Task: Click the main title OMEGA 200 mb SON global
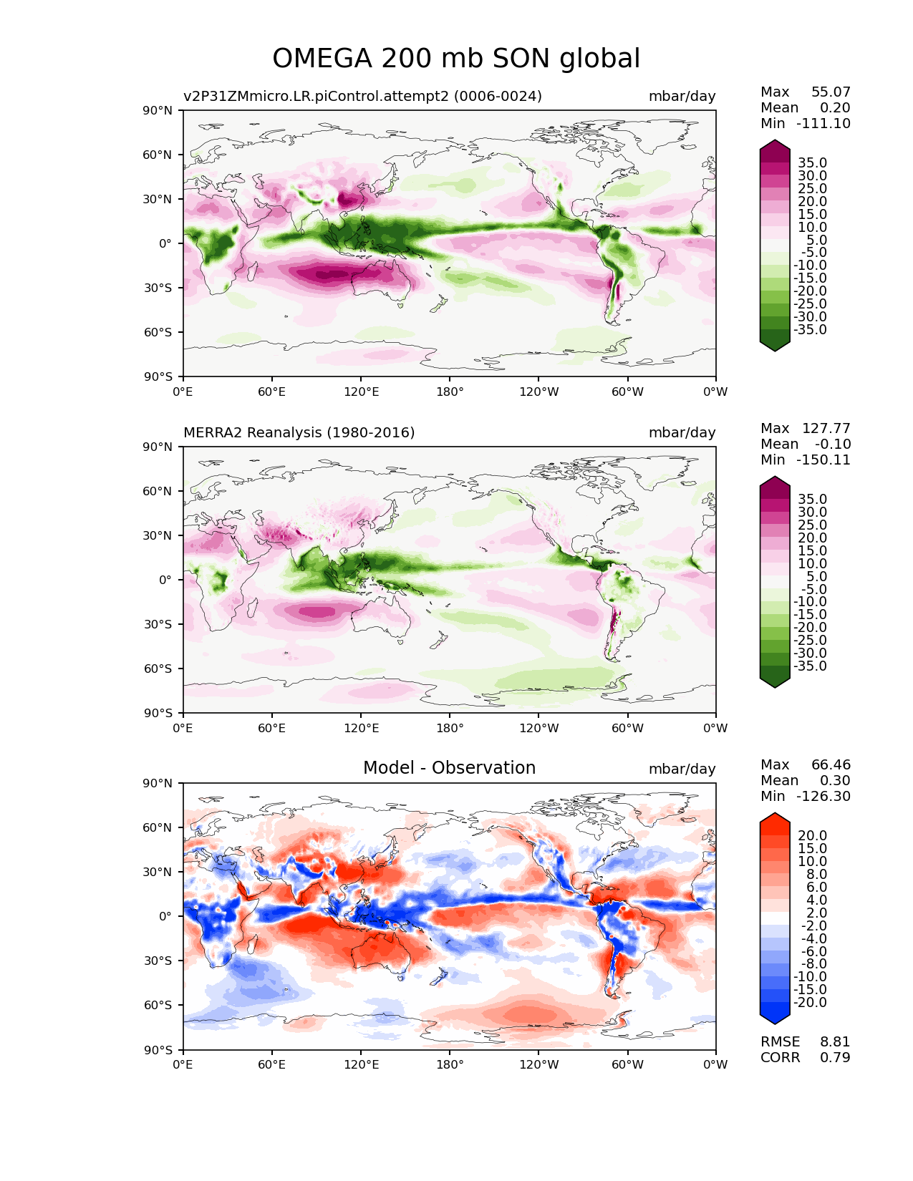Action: [456, 59]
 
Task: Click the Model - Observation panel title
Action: [449, 768]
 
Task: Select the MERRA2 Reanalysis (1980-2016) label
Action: [299, 433]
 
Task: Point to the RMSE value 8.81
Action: [835, 1042]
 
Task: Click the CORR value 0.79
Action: [835, 1058]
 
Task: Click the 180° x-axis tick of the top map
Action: [450, 392]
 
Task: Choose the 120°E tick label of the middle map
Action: [361, 729]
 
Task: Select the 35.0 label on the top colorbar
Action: [812, 163]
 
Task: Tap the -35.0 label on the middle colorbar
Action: [810, 666]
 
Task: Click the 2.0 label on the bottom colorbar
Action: [815, 913]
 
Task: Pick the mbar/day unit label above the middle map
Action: [682, 433]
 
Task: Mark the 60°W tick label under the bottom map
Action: [627, 1065]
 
